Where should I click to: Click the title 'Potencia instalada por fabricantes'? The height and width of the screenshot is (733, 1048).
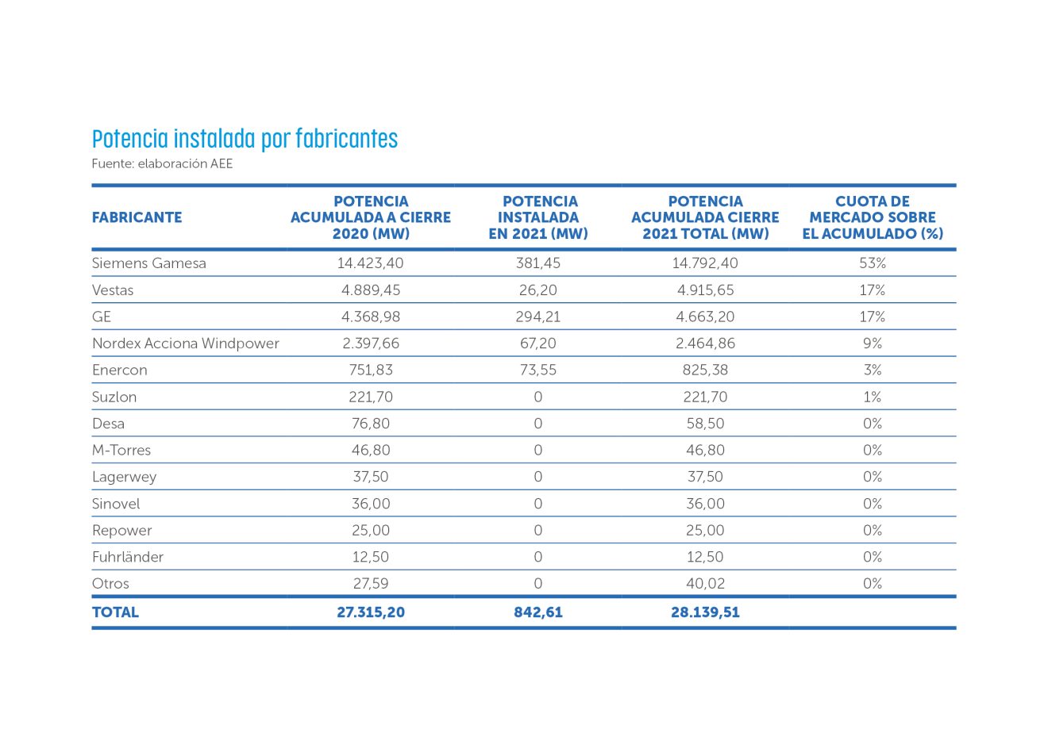point(245,139)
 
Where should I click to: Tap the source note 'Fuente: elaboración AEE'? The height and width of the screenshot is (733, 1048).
point(162,164)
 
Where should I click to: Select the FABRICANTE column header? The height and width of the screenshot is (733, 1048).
point(137,217)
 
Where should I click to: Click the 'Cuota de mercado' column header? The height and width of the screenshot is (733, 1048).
point(873,217)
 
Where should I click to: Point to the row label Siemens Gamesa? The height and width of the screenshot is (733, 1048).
point(148,263)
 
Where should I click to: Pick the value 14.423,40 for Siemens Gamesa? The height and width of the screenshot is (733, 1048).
point(371,263)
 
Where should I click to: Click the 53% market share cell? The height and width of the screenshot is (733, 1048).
point(873,263)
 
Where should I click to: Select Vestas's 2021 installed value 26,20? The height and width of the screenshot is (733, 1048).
point(537,290)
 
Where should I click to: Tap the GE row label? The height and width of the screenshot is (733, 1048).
point(102,317)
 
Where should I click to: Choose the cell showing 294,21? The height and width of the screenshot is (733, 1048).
point(537,317)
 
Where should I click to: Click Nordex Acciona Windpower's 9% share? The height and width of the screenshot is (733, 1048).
point(873,343)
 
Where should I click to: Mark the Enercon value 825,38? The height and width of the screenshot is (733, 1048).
point(705,370)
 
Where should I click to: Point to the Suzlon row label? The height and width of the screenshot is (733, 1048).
point(114,397)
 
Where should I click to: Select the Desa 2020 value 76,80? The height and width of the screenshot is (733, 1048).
point(371,424)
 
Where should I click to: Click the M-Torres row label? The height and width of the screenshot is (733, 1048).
point(121,451)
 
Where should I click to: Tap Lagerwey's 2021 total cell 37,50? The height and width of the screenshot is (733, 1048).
point(705,477)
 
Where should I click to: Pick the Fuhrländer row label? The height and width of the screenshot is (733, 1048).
point(128,557)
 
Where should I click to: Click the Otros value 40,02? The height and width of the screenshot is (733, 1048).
point(705,584)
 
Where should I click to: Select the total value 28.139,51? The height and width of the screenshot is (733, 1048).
point(705,612)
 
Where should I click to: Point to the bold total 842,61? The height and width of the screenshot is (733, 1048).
point(537,612)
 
